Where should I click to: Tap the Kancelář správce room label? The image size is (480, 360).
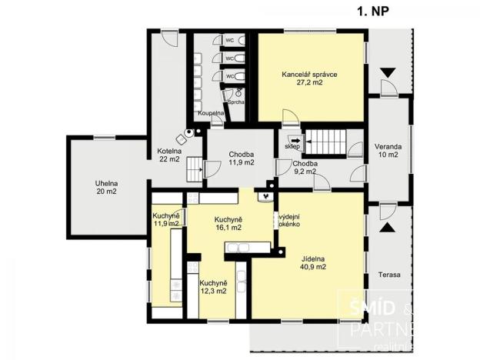coord(310,75)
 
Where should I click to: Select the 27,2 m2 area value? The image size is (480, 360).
coord(310,85)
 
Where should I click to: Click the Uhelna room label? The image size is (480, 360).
coord(107,182)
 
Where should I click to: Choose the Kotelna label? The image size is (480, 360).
coord(169,150)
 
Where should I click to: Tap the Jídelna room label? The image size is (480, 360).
coord(313,258)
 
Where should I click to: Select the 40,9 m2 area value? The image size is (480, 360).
coord(313,268)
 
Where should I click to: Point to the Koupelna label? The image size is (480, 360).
coord(210,113)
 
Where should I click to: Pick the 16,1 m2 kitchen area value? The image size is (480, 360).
coord(228,228)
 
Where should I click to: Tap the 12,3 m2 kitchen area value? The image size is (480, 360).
coord(214,291)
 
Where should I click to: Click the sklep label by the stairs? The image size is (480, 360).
coord(292,146)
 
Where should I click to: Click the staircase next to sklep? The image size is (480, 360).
coord(322,142)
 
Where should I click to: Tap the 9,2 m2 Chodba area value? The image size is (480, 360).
coord(305,173)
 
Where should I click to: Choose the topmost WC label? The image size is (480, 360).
coord(229,40)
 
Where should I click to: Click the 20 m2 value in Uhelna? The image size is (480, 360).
coord(107,192)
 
